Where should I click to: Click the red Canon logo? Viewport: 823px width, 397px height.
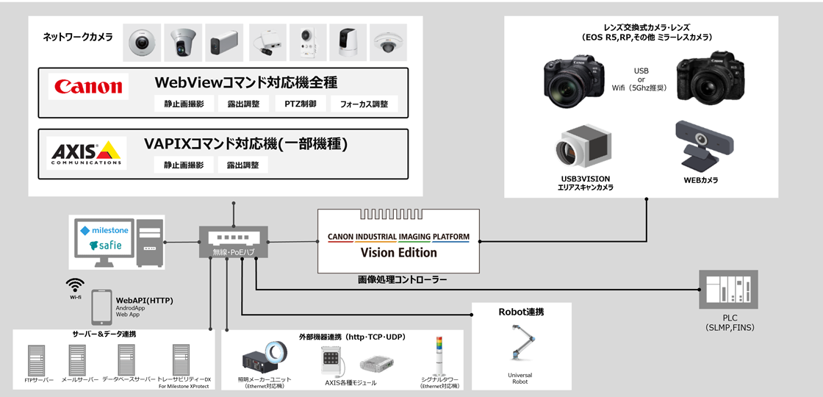click(x=88, y=87)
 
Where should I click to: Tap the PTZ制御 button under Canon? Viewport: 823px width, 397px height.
click(x=301, y=104)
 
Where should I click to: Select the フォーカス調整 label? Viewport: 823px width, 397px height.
click(x=364, y=104)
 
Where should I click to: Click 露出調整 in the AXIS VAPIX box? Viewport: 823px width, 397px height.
click(x=242, y=165)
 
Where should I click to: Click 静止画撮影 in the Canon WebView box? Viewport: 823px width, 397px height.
click(x=183, y=104)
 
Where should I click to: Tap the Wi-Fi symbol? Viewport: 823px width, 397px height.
click(x=75, y=285)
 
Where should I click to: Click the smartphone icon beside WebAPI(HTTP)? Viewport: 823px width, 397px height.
click(x=101, y=307)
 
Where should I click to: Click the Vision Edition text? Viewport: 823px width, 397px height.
click(x=398, y=252)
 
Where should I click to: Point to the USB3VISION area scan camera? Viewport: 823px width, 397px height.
click(x=584, y=148)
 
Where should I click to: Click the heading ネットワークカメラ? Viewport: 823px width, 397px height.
click(x=78, y=36)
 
